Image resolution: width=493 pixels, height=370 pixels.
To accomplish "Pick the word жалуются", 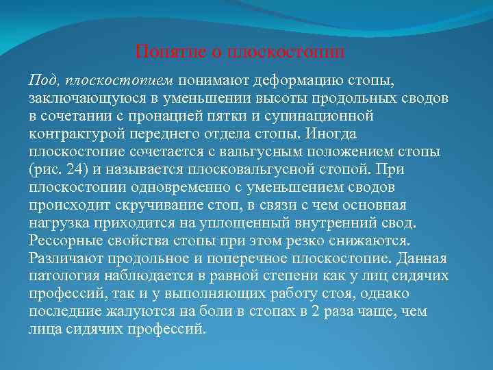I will click(x=136, y=311).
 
